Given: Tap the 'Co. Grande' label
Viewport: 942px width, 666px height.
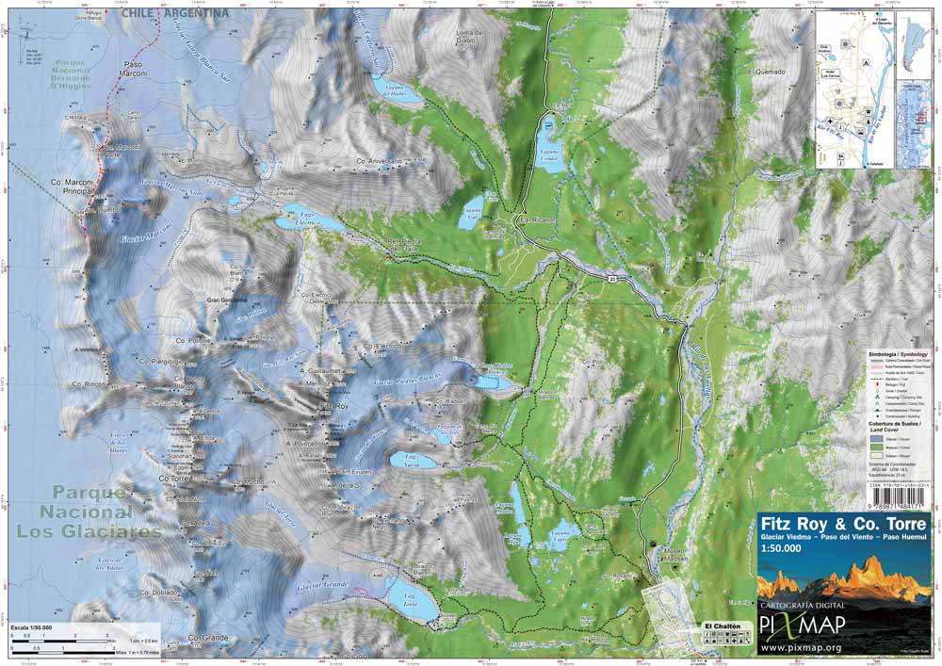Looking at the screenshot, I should [x=208, y=638].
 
